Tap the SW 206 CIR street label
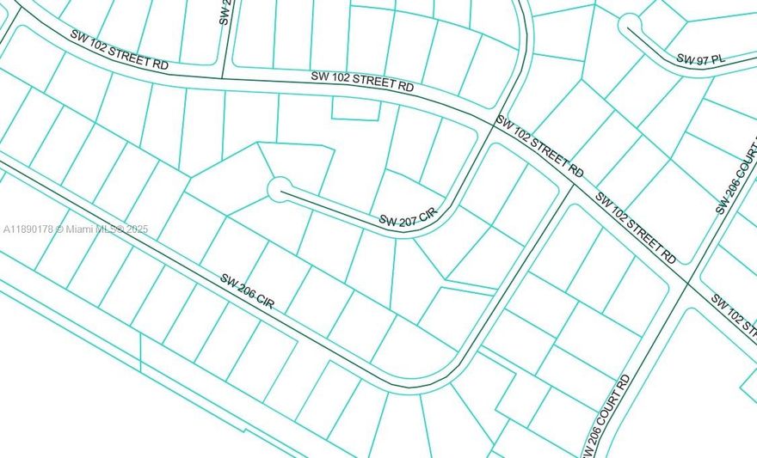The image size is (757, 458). click(247, 292)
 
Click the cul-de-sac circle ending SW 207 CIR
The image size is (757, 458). click(279, 189)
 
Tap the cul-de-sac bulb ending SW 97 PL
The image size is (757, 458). click(630, 24)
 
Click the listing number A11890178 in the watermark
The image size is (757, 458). click(29, 229)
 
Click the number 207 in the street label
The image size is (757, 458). click(408, 221)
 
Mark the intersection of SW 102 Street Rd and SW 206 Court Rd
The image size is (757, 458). click(688, 281)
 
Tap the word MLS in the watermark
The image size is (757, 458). click(108, 229)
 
